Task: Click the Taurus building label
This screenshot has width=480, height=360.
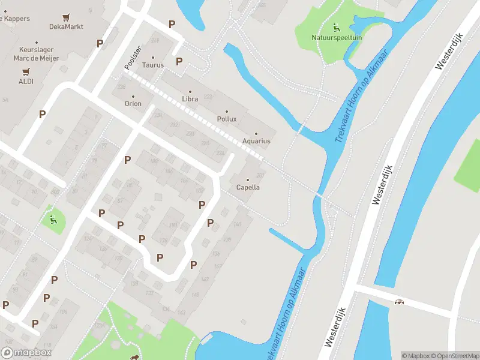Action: click(153, 65)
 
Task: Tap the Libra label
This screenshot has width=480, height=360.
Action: click(190, 99)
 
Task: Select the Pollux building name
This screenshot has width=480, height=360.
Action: click(226, 119)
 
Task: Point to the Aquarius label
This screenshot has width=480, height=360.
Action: click(256, 141)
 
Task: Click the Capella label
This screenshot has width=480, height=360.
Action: click(248, 187)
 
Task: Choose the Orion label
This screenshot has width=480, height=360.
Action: click(133, 104)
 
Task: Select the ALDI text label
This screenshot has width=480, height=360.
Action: click(26, 81)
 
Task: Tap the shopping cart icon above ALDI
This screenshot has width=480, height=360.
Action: click(26, 71)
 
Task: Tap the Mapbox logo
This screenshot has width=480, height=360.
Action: click(26, 353)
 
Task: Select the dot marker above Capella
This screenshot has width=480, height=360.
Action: click(248, 179)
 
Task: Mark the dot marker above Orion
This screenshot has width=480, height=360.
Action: click(133, 96)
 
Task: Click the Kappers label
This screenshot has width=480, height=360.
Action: click(16, 19)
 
